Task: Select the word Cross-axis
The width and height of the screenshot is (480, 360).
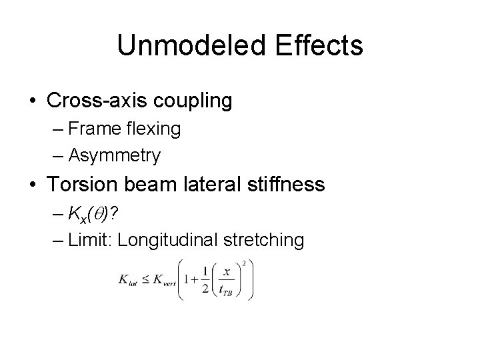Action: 97,101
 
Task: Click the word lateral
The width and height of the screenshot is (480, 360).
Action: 212,184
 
